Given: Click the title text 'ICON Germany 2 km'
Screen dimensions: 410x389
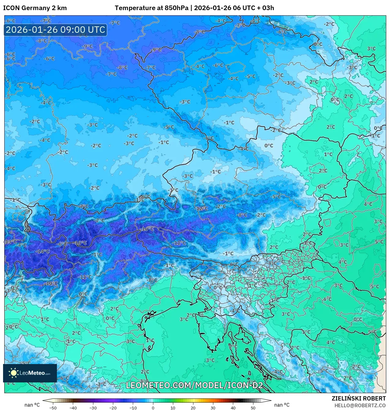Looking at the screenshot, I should [35, 8].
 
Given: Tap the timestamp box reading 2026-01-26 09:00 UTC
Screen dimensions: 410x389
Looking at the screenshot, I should [55, 30].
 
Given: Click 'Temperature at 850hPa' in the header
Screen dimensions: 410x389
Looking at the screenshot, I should [151, 8].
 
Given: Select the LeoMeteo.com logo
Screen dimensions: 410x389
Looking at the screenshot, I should [30, 373].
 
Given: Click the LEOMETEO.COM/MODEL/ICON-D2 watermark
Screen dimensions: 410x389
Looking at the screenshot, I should [194, 385].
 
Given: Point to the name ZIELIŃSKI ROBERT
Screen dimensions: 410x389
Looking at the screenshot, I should [359, 398].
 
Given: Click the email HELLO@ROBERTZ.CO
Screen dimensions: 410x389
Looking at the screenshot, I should [360, 405].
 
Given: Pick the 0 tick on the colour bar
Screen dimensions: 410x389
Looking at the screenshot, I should [153, 408].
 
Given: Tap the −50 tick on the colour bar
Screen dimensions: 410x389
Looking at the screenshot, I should [53, 408].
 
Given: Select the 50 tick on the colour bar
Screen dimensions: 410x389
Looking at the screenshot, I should [253, 408].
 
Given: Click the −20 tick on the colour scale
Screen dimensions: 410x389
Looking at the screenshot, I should [113, 408].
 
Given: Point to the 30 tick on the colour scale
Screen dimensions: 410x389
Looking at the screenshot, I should [213, 408].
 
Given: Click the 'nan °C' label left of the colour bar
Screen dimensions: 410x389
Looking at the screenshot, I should [32, 405].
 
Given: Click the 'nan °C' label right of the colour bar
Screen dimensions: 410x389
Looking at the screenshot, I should [282, 405].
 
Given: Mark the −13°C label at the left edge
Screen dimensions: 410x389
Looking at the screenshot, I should [10, 242].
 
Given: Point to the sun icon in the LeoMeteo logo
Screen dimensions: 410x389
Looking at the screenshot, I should [14, 373].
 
